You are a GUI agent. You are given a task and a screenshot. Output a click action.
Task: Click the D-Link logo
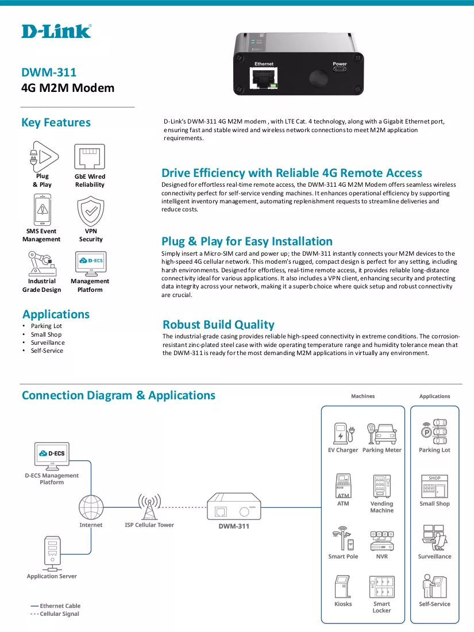click(x=56, y=32)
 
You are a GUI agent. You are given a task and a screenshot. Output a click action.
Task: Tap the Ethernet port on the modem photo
click(x=264, y=78)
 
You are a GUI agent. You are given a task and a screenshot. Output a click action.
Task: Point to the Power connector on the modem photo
click(x=340, y=68)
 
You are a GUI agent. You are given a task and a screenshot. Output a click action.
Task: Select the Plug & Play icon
click(x=44, y=156)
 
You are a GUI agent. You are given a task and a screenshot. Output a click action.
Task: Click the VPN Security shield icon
click(x=91, y=211)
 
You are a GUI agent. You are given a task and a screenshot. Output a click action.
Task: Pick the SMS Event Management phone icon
click(x=43, y=210)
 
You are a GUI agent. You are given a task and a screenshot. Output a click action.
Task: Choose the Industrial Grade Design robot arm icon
click(x=42, y=264)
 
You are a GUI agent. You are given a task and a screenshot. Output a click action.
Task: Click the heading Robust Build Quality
click(x=218, y=325)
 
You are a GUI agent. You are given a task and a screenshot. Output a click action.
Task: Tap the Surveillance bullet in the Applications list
click(x=48, y=342)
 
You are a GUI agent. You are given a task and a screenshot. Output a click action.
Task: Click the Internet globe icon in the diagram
click(x=91, y=507)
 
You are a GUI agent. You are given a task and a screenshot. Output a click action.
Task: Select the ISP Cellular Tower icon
click(x=149, y=507)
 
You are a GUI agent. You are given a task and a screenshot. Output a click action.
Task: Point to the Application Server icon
click(x=52, y=553)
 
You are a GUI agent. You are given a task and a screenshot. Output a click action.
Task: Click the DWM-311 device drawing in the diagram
click(x=234, y=506)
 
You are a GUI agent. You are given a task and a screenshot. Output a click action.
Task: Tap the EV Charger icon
click(x=344, y=433)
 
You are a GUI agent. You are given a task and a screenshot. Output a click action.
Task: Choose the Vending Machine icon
click(x=381, y=486)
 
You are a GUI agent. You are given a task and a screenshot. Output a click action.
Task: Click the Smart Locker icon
click(x=381, y=587)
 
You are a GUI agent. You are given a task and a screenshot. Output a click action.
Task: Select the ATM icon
click(x=343, y=486)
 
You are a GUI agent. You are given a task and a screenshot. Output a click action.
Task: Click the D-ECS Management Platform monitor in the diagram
click(x=52, y=456)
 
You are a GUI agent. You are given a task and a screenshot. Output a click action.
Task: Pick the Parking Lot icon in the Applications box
click(x=434, y=431)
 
